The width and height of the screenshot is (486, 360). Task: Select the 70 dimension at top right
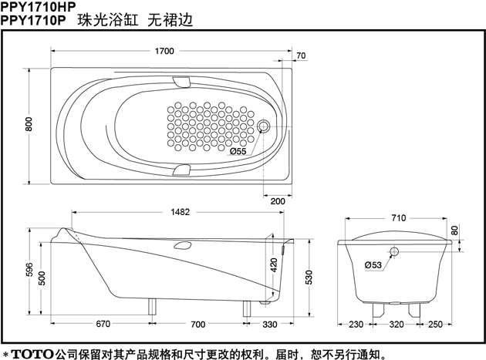click(x=300, y=56)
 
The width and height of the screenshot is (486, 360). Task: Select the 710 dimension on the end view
click(x=398, y=218)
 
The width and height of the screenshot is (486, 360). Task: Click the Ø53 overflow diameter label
click(x=373, y=265)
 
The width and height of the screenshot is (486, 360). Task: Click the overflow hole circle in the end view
click(x=395, y=252)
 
